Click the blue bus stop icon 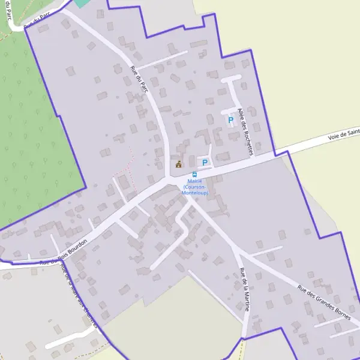coord(195,174)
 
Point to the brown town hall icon coord(178,163)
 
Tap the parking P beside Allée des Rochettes coord(230,120)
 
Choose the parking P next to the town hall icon coord(205,162)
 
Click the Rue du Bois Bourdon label coord(64,252)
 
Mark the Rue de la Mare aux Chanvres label coord(78,294)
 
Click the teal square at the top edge coord(82,2)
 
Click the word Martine coord(246,299)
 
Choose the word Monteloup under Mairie coord(195,193)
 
